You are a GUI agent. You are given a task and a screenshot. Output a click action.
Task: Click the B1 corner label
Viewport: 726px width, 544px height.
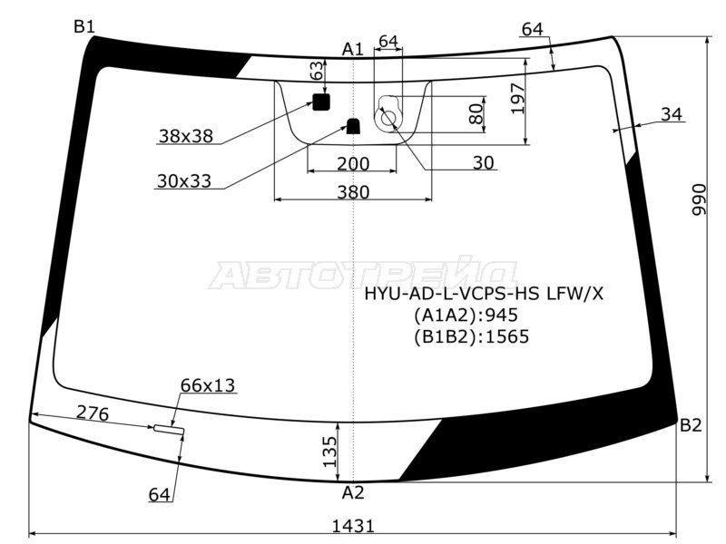pyautogui.click(x=84, y=26)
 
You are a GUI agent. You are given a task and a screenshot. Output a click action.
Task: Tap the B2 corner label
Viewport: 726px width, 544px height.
pyautogui.click(x=691, y=425)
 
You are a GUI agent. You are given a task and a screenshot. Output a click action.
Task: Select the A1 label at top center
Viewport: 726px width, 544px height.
pyautogui.click(x=353, y=49)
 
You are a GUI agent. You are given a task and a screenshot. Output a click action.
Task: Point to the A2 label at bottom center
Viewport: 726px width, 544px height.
pyautogui.click(x=353, y=493)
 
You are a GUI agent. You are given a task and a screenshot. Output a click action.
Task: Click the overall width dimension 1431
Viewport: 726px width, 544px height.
pyautogui.click(x=354, y=525)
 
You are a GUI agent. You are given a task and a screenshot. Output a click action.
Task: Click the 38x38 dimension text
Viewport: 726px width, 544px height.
pyautogui.click(x=185, y=136)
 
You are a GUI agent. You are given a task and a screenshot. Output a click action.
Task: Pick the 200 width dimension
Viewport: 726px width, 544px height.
pyautogui.click(x=353, y=163)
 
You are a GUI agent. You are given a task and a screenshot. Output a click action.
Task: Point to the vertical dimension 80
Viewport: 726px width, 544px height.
pyautogui.click(x=475, y=113)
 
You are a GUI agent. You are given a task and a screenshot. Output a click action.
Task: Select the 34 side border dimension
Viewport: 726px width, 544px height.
pyautogui.click(x=672, y=114)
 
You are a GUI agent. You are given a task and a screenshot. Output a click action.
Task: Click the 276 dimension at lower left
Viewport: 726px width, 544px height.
pyautogui.click(x=93, y=414)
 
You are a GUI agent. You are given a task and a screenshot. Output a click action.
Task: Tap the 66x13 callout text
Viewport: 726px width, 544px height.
pyautogui.click(x=208, y=385)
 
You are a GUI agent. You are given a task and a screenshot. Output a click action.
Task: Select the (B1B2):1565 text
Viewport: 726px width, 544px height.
pyautogui.click(x=471, y=336)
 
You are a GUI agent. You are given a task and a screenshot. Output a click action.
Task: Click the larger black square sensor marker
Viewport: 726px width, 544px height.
pyautogui.click(x=320, y=102)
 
